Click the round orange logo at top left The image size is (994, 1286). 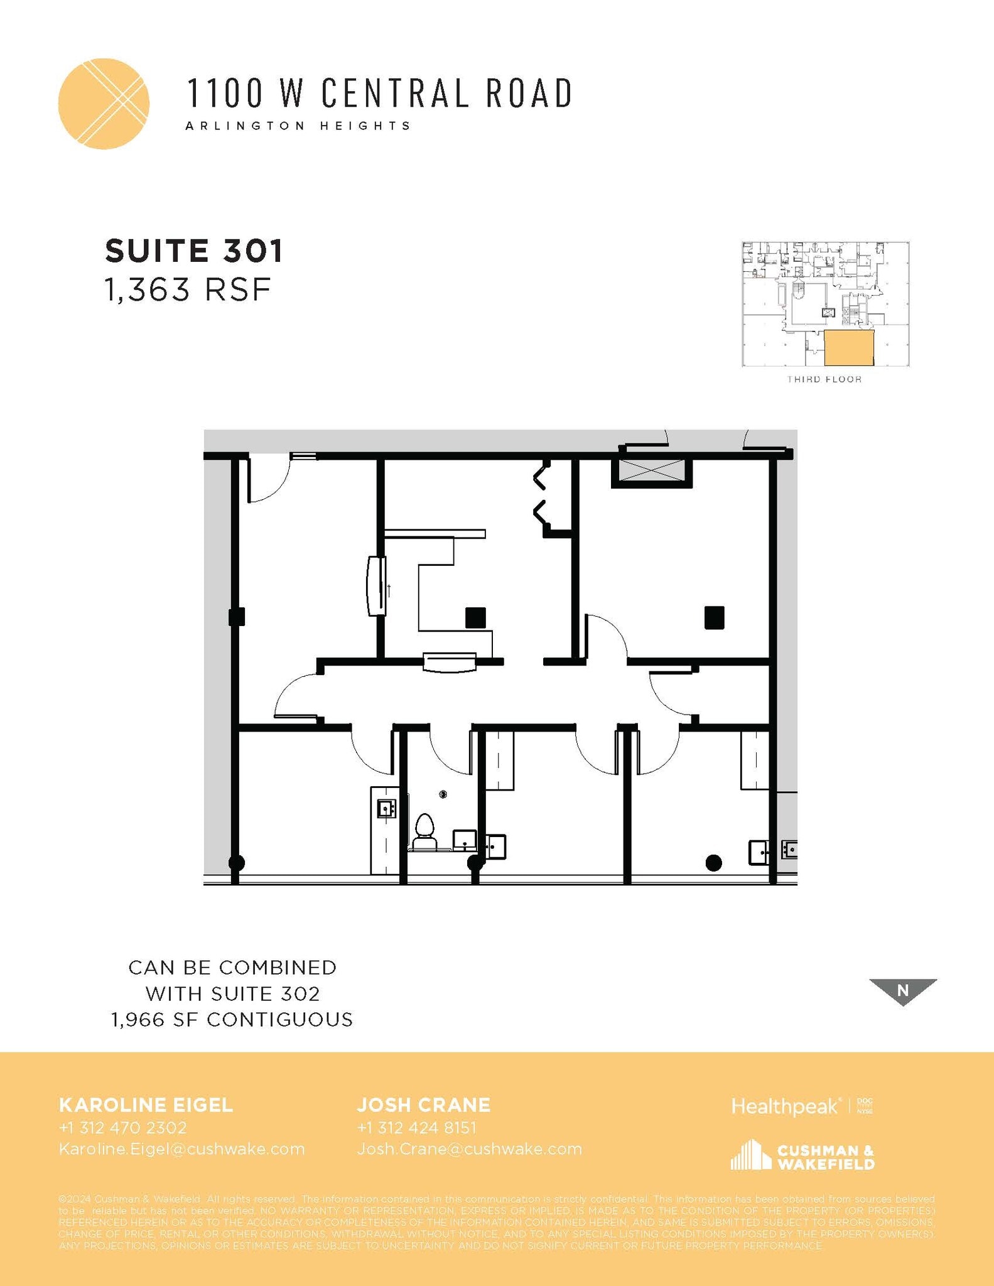[104, 104]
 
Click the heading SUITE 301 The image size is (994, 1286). [194, 251]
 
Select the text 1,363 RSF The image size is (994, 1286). [188, 290]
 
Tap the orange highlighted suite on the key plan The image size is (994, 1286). [848, 348]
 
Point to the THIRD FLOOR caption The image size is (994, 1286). [824, 379]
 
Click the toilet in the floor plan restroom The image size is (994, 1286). [425, 828]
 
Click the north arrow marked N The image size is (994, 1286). [902, 990]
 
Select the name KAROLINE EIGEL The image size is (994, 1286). [146, 1105]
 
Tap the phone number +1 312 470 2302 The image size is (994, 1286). [122, 1128]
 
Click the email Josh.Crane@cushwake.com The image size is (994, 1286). [469, 1149]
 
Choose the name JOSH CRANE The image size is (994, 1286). [424, 1105]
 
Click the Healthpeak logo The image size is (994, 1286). [785, 1106]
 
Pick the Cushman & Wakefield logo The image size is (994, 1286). [802, 1156]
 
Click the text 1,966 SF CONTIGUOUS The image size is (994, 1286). [232, 1020]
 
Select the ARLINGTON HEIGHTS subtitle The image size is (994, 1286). [298, 126]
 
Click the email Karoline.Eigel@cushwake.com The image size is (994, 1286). [181, 1149]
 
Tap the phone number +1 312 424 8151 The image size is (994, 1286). [416, 1128]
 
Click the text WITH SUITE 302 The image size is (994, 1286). [232, 993]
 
